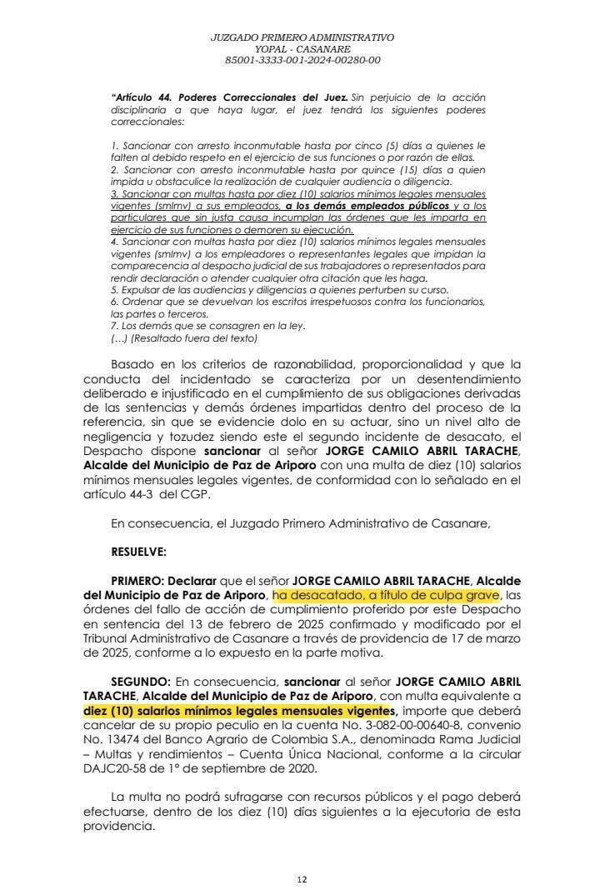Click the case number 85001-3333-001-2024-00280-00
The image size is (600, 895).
[x=302, y=60]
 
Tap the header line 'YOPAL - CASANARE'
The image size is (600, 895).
[x=302, y=49]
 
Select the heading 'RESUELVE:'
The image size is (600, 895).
[x=138, y=552]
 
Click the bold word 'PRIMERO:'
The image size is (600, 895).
[x=139, y=580]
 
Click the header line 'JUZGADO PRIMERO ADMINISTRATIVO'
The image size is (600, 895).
[x=302, y=37]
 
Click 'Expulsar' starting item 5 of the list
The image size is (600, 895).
[x=138, y=289]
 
